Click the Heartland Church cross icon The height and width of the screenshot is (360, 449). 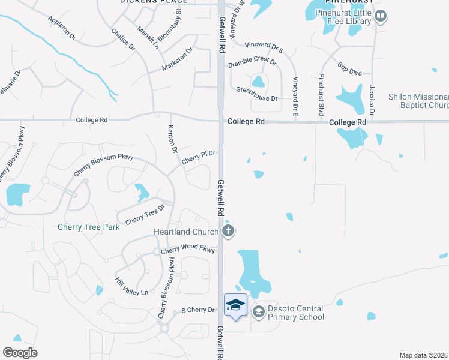228,231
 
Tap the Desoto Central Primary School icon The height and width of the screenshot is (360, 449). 258,311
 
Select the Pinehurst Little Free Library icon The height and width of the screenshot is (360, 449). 379,17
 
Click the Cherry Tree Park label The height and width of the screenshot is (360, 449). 89,227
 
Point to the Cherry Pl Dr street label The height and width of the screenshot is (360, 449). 198,157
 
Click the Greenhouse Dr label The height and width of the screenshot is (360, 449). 257,94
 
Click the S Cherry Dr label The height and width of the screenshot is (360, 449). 197,310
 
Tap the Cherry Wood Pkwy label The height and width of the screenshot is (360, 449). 187,250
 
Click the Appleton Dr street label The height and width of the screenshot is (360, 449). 62,28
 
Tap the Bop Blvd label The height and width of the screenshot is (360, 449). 349,68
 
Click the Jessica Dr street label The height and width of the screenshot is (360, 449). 372,100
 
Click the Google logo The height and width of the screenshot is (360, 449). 20,352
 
